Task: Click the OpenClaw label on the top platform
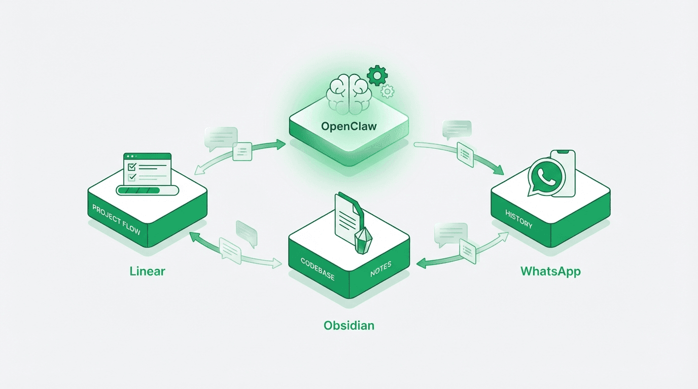click(348, 126)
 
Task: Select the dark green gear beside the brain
click(377, 75)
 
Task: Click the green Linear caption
click(147, 271)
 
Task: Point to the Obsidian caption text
click(349, 325)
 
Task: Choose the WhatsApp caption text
click(550, 271)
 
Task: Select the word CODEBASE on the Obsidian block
click(318, 268)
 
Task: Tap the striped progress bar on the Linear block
click(147, 190)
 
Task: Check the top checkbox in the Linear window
click(131, 167)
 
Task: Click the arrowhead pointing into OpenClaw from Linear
click(281, 144)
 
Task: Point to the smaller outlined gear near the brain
click(388, 91)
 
